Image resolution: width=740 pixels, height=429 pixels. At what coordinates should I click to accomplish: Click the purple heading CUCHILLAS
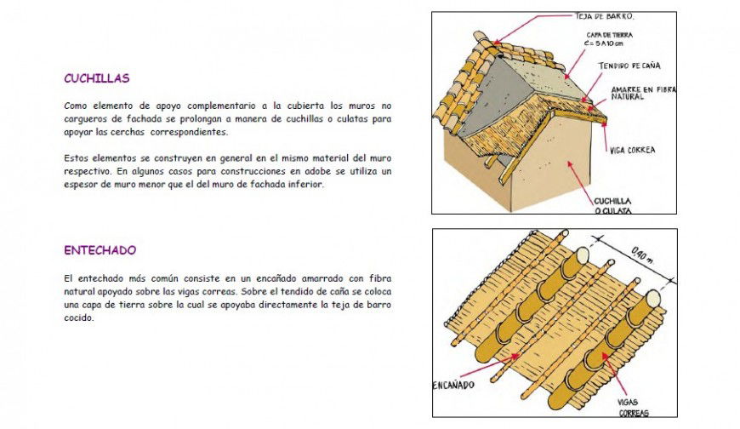[96, 78]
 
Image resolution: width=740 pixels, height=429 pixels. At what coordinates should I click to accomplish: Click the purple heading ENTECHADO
[100, 251]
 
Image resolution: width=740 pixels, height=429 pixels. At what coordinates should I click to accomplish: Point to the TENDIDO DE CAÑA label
[629, 66]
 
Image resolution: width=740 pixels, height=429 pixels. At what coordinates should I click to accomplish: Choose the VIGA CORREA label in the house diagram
[632, 151]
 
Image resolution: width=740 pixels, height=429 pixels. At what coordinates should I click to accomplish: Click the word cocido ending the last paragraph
[78, 318]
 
